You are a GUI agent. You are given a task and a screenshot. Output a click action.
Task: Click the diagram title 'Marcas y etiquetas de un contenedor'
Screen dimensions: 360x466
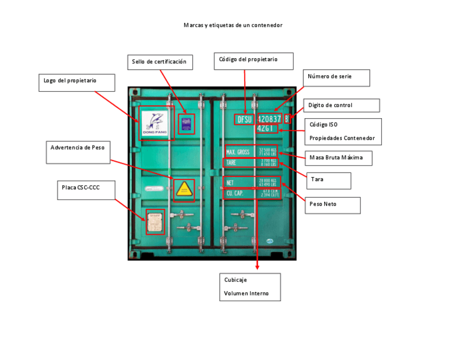[x=233, y=25]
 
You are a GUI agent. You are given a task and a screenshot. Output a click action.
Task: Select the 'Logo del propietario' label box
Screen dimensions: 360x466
[x=76, y=82]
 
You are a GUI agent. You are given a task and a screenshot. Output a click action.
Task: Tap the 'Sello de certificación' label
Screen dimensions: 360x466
[x=160, y=62]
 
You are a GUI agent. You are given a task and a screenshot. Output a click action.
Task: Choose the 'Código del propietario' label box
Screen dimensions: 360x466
[x=253, y=60]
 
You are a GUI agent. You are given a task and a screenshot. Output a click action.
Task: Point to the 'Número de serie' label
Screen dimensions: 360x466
[x=336, y=77]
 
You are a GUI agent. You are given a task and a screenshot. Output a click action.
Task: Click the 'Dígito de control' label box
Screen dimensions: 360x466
[x=341, y=106]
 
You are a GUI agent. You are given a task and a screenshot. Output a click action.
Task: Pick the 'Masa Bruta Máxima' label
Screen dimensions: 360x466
[x=338, y=158]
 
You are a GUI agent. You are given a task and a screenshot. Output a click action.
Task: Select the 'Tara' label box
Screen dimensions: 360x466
[x=328, y=180]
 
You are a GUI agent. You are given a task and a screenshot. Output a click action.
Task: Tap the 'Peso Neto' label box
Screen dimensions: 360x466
[x=333, y=205]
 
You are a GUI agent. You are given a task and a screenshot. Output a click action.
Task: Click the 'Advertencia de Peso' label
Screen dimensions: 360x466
[x=78, y=152]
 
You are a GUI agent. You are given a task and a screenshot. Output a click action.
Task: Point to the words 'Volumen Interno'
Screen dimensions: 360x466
[x=246, y=293]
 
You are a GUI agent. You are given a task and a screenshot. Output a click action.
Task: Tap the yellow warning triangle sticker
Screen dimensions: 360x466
[x=184, y=190]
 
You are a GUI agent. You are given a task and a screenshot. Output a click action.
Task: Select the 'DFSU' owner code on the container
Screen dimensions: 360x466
[x=244, y=119]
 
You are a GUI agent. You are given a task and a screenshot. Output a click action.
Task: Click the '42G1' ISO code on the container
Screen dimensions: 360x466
[x=266, y=129]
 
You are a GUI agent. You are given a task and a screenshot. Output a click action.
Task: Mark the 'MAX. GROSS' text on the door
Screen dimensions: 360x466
[x=238, y=152]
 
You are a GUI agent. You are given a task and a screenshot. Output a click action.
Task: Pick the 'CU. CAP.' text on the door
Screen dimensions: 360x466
[x=235, y=193]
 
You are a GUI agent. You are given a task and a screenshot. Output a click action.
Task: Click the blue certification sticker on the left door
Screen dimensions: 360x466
[x=186, y=124]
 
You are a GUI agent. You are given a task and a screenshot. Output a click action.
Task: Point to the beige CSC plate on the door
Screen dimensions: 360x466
[x=155, y=221]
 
